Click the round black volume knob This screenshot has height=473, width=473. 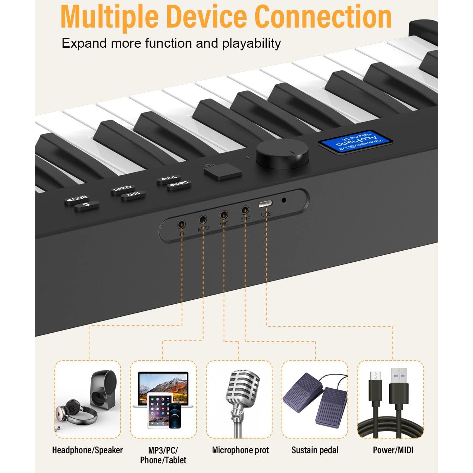[x=282, y=155]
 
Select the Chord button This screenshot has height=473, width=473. [x=123, y=188]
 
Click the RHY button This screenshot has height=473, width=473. [x=133, y=195]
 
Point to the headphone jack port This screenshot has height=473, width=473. [x=182, y=224]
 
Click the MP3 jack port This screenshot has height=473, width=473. [x=203, y=220]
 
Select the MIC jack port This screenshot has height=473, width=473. [x=224, y=214]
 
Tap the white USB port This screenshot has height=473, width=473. [x=265, y=204]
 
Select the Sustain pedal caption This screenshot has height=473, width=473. [x=315, y=450]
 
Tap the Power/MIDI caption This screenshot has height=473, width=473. [x=393, y=450]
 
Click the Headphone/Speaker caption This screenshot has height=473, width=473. [x=87, y=450]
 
